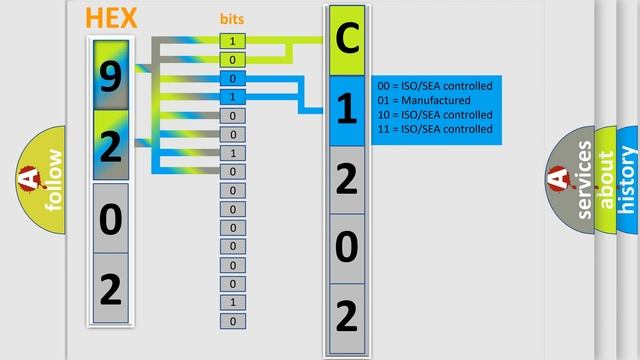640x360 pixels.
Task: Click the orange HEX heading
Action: [113, 18]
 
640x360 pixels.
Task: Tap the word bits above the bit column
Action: [232, 20]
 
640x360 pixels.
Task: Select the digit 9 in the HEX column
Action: [111, 76]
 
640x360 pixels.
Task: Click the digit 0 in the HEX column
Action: [111, 217]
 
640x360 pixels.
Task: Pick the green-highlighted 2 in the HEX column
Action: [111, 146]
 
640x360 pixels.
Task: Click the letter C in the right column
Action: [346, 41]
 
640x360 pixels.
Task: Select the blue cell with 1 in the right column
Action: [346, 110]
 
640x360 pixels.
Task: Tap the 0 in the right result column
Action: [346, 247]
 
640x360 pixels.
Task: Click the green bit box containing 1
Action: [233, 41]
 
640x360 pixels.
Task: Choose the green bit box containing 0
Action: [233, 60]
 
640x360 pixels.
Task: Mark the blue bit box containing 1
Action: [233, 97]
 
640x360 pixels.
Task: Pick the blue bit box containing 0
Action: [233, 79]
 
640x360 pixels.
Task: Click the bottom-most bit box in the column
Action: [233, 321]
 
